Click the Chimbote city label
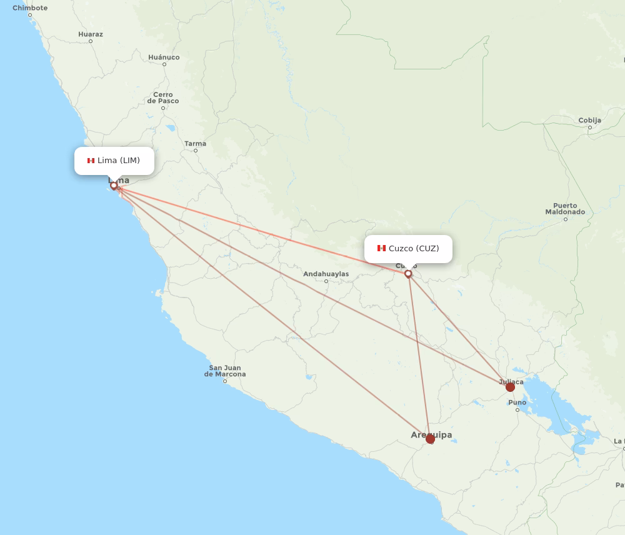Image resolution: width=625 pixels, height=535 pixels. [x=30, y=8]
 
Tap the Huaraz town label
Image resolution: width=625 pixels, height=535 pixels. [x=91, y=34]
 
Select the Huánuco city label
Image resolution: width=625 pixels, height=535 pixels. [x=164, y=57]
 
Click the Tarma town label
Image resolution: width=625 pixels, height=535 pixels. [x=195, y=144]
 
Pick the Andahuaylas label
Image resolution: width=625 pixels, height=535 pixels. [x=326, y=274]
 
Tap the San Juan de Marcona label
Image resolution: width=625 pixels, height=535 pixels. [x=225, y=371]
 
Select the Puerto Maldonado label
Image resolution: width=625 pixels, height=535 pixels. [x=565, y=209]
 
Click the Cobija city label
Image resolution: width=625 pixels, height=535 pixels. [x=589, y=120]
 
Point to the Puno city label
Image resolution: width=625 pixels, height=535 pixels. [x=517, y=402]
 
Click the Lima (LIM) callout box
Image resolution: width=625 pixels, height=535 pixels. [x=114, y=161]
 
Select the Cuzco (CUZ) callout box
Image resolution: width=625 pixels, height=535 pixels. [x=408, y=248]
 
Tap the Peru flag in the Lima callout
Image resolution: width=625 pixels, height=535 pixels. [x=91, y=161]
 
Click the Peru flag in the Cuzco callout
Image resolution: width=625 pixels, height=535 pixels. [x=381, y=248]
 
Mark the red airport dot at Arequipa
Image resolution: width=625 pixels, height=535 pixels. [x=430, y=439]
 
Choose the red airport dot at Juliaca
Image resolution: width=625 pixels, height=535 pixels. [x=510, y=387]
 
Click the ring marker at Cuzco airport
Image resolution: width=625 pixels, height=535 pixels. [x=408, y=274]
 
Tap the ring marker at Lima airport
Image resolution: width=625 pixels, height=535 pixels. [x=114, y=185]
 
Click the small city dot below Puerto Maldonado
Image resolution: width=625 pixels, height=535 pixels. [x=566, y=219]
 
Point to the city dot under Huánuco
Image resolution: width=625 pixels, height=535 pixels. [x=164, y=64]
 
